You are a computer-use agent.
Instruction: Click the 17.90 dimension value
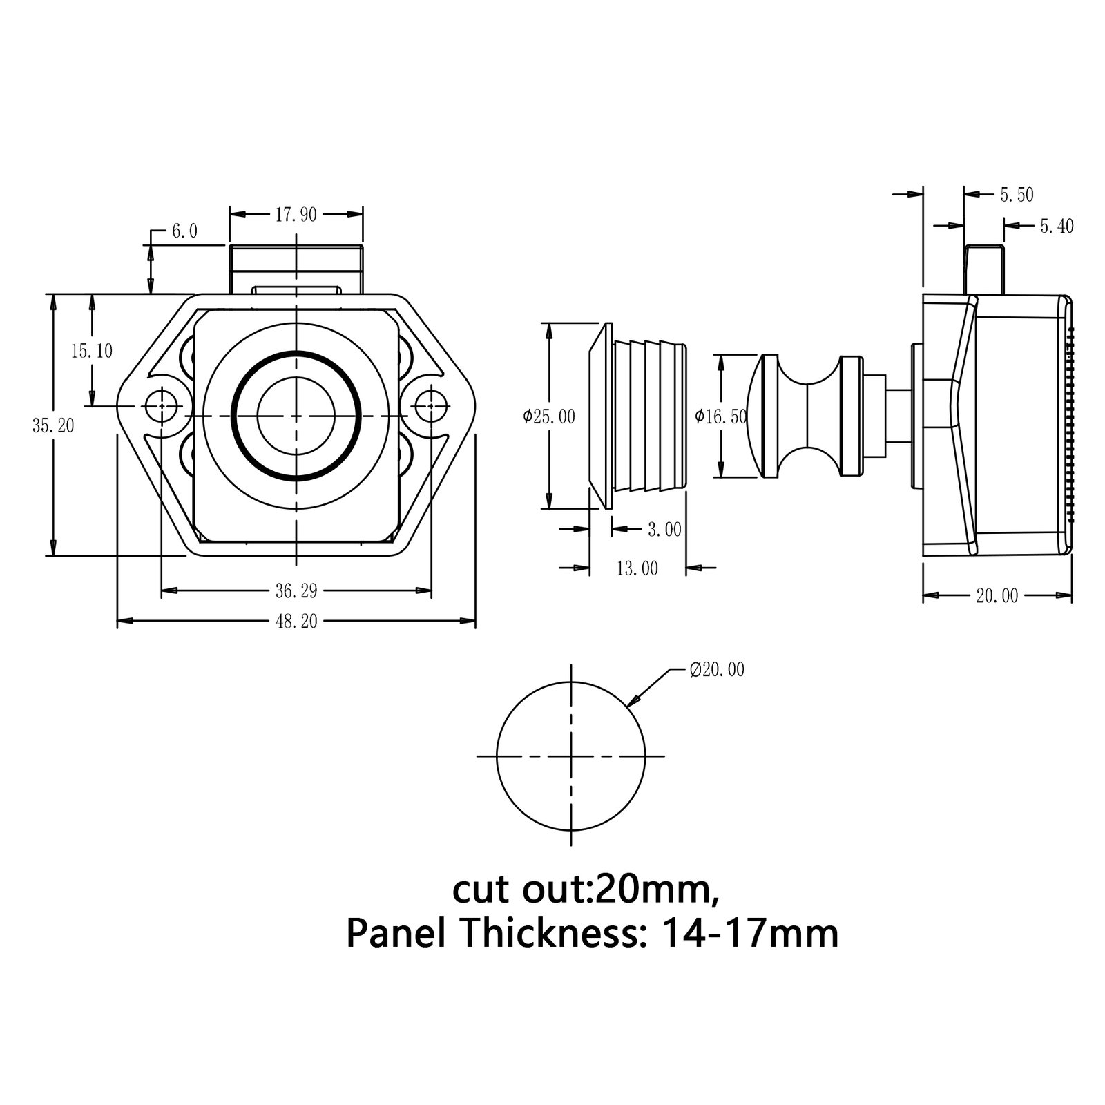tap(296, 215)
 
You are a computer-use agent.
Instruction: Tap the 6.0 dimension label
tap(184, 231)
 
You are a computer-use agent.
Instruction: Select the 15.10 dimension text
tap(91, 351)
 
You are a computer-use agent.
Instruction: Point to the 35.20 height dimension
tap(53, 425)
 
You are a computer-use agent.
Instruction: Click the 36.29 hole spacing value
tap(296, 590)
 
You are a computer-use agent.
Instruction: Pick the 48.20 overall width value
tap(296, 622)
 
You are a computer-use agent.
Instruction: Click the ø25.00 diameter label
tap(549, 416)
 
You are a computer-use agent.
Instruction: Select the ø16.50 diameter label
tap(721, 416)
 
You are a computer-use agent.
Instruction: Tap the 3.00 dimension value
tap(664, 530)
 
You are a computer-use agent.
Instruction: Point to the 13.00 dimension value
tap(637, 568)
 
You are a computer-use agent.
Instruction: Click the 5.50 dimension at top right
tap(1017, 195)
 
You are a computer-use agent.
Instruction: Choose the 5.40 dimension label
tap(1056, 226)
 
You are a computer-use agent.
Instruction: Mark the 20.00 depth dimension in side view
tap(997, 595)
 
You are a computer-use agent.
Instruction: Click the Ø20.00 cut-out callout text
tap(717, 669)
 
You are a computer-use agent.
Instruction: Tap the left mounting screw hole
tap(162, 407)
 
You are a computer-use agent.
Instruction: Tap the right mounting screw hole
tap(432, 407)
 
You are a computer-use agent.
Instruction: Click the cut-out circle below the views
tap(570, 756)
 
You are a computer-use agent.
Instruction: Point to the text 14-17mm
tap(749, 934)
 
